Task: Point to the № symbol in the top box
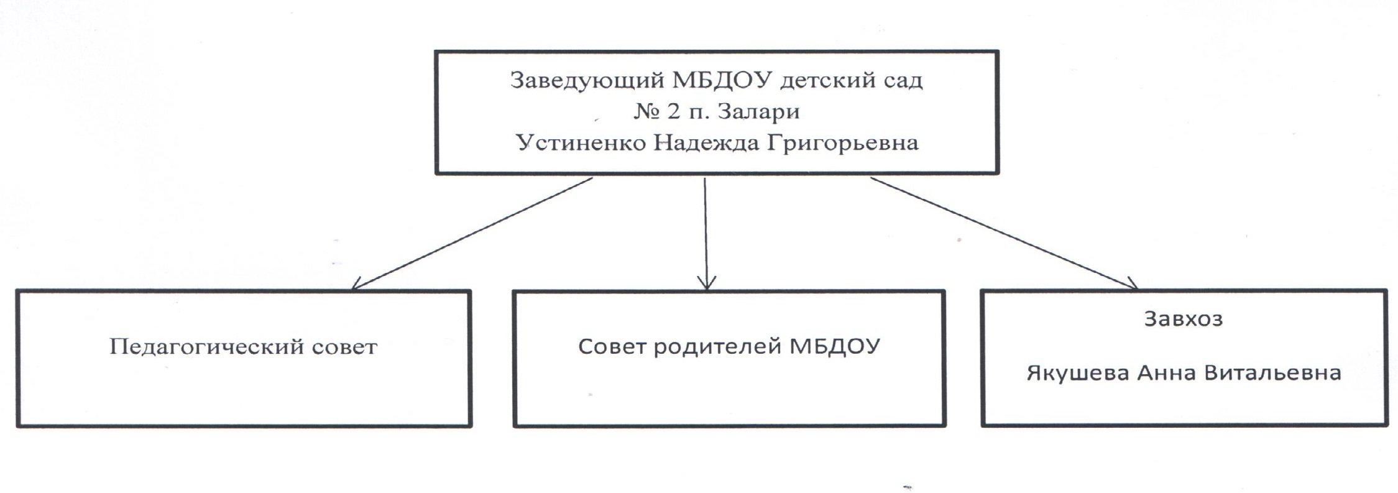pyautogui.click(x=647, y=112)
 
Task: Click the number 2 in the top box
pyautogui.click(x=674, y=112)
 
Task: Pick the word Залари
pyautogui.click(x=758, y=113)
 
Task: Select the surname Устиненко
pyautogui.click(x=581, y=143)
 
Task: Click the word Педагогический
pyautogui.click(x=207, y=347)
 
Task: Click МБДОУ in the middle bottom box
pyautogui.click(x=835, y=347)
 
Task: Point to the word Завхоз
pyautogui.click(x=1183, y=319)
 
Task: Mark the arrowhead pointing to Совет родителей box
pyautogui.click(x=706, y=283)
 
